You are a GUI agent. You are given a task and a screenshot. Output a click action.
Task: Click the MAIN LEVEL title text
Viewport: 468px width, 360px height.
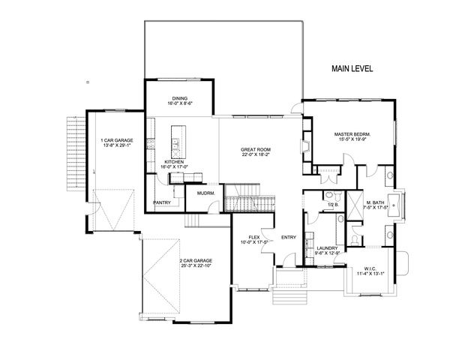pos(352,68)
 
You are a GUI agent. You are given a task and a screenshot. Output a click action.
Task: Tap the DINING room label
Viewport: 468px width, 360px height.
pos(179,97)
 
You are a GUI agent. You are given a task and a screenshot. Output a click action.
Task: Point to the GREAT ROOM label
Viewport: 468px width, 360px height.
pos(255,149)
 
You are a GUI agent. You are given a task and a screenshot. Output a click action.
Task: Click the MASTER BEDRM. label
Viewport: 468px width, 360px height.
pos(352,134)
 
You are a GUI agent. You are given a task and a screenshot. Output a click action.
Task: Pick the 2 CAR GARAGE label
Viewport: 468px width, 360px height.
pos(185,261)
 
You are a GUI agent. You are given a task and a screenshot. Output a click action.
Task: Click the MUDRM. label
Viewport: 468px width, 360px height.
pos(206,193)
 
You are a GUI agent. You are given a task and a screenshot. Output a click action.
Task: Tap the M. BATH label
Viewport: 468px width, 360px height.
pos(376,203)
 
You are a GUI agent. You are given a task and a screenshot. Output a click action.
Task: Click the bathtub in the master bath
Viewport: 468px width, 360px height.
pos(400,203)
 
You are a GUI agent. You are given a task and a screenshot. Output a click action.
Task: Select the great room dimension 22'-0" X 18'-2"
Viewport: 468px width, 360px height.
pos(255,154)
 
